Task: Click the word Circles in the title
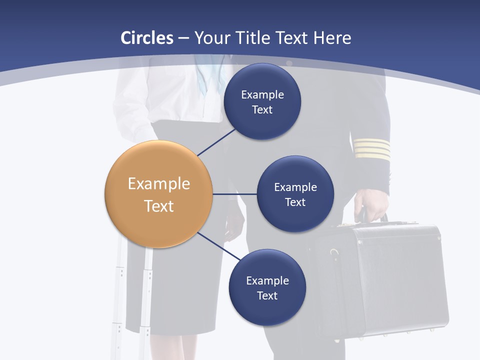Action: (x=147, y=38)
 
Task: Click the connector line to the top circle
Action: (x=216, y=142)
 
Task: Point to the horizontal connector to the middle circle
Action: (x=234, y=194)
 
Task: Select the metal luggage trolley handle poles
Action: (x=132, y=300)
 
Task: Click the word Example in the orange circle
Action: (x=158, y=183)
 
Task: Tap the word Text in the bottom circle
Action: (x=267, y=295)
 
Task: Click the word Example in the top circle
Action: (x=262, y=94)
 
